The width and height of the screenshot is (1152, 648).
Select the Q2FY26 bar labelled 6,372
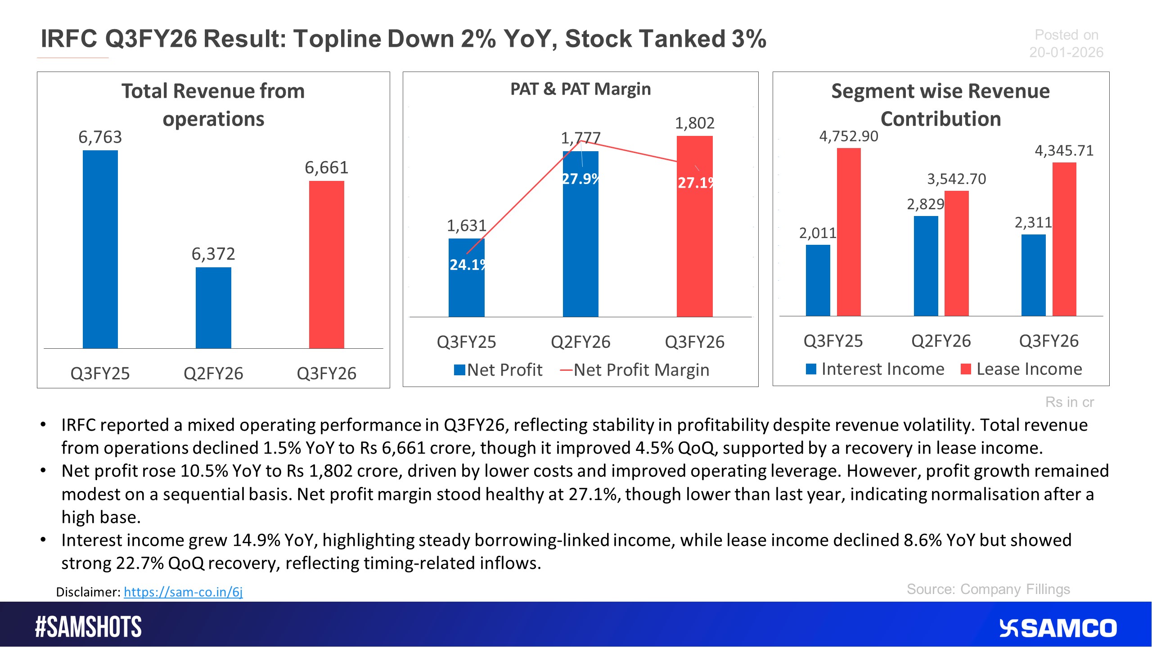(213, 308)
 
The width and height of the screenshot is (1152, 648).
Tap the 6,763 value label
(100, 137)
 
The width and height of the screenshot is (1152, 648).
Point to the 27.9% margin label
(580, 179)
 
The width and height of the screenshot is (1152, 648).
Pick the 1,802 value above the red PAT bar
(694, 123)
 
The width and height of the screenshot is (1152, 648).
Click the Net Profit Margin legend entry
(634, 370)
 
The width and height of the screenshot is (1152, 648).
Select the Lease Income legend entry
(1021, 369)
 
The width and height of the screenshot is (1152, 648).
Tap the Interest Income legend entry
(875, 369)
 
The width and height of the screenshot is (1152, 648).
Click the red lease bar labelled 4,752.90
(849, 232)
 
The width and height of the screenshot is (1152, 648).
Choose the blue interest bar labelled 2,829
(926, 265)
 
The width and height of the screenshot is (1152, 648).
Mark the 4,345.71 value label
(1064, 151)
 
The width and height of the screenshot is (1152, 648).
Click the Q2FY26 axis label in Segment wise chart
(941, 341)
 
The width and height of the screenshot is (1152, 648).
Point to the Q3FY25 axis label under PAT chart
(466, 342)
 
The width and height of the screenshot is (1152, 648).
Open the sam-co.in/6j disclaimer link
(183, 592)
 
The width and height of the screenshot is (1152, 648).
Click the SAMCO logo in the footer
(1057, 628)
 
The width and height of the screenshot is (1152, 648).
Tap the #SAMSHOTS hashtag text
(88, 627)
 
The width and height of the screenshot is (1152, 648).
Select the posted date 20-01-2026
(1066, 52)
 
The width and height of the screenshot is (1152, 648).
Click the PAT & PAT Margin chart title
(580, 89)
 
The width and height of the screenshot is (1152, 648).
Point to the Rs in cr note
(1069, 402)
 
